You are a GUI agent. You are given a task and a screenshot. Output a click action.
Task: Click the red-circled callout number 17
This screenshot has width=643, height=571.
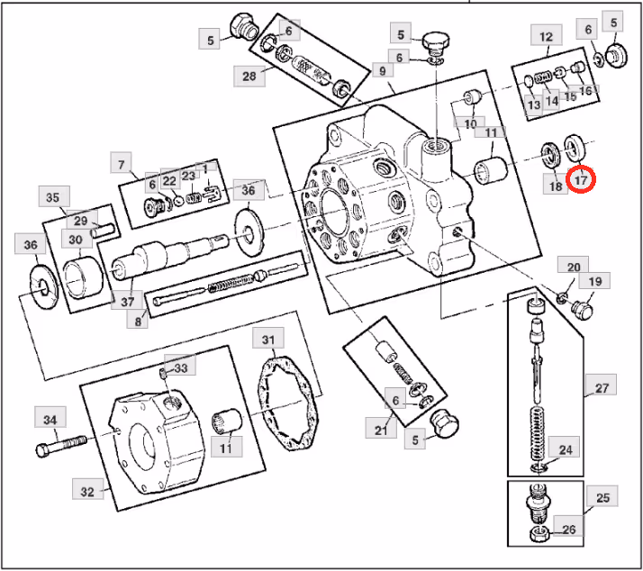581,180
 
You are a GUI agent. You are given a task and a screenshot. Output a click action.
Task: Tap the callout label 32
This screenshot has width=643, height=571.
87,491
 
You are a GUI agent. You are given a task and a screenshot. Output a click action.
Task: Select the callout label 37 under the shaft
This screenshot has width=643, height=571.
127,301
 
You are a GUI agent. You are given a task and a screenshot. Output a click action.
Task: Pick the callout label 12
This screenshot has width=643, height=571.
546,37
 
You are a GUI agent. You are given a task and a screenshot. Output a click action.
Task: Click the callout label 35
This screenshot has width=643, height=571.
53,197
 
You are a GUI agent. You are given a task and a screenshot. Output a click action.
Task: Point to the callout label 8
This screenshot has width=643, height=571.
138,320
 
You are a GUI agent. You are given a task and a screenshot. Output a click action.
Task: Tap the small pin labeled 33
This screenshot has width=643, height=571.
162,372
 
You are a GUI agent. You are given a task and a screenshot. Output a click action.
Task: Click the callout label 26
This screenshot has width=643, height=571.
568,530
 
